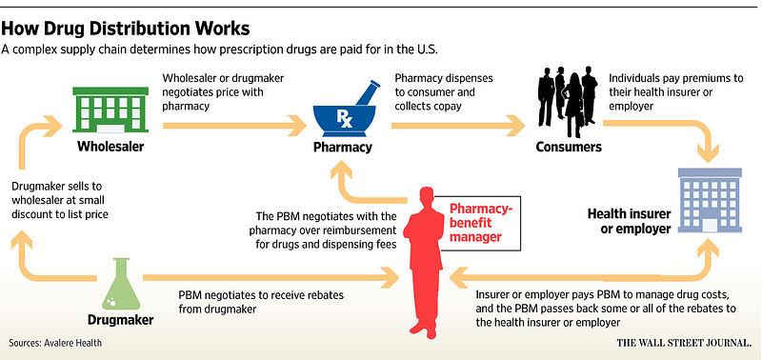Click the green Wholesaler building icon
[x=110, y=110]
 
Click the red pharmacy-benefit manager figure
[x=423, y=262]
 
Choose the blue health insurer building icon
[x=710, y=200]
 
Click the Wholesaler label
[x=110, y=147]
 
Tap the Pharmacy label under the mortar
[x=343, y=148]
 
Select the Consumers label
[x=569, y=147]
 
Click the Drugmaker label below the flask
[x=121, y=320]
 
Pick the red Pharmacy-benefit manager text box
[x=480, y=223]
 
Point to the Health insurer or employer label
[x=629, y=221]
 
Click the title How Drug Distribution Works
[x=126, y=30]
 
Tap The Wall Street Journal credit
[x=684, y=343]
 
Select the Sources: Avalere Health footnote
[x=55, y=343]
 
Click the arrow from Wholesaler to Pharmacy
[x=234, y=126]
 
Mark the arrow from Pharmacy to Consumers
[x=458, y=126]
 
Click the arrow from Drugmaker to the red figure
[x=271, y=277]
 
